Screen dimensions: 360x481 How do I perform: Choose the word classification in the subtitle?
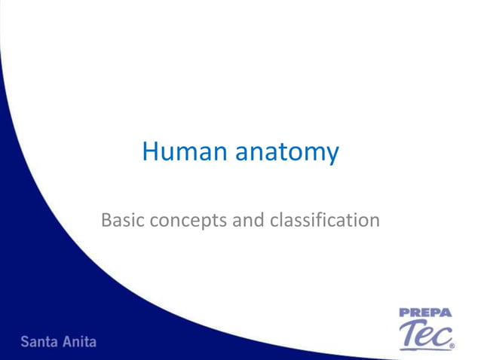[314, 221]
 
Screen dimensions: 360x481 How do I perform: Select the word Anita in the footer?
[79, 341]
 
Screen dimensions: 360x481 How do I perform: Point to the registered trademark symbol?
[452, 347]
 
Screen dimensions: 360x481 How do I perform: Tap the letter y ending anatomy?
[332, 155]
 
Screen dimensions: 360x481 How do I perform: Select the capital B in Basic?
[106, 221]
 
